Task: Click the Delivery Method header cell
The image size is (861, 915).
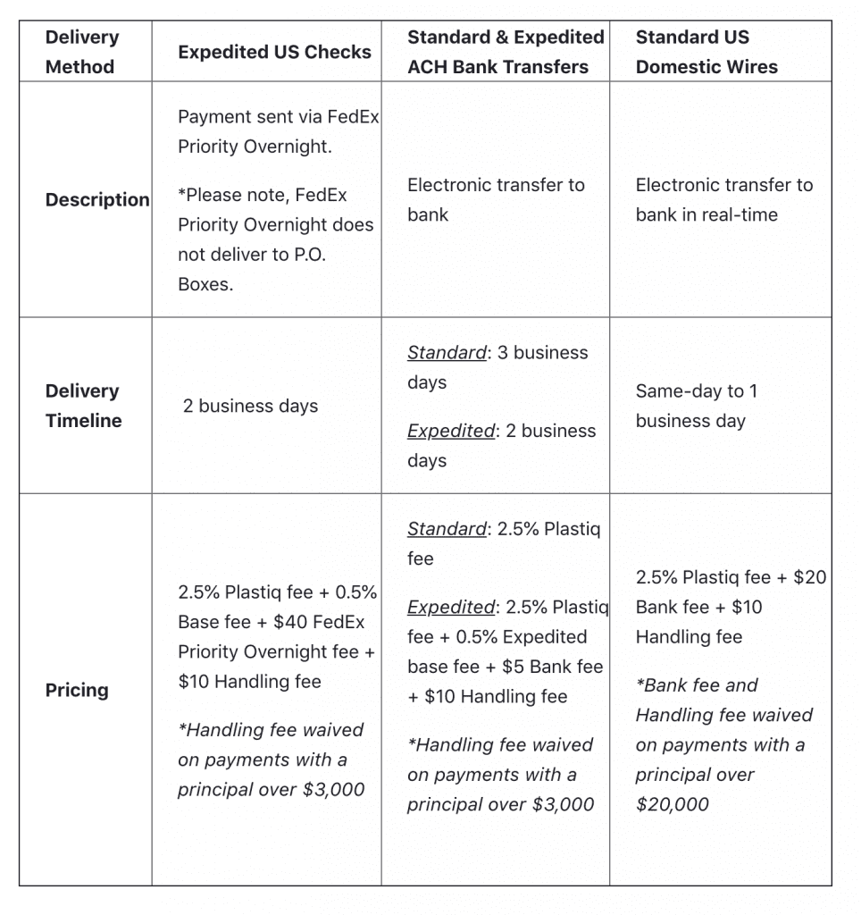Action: coord(81,52)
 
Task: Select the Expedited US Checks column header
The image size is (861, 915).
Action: coord(274,52)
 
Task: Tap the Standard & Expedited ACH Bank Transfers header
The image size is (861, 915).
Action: coord(506,52)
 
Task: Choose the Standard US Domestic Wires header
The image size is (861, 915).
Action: coord(706,52)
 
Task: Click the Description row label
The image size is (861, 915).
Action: coord(97,199)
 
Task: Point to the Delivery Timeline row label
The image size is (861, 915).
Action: coord(83,406)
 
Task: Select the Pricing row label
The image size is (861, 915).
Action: coord(77,690)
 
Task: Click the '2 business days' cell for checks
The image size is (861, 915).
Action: coord(250,406)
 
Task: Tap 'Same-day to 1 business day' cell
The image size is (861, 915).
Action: coord(696,406)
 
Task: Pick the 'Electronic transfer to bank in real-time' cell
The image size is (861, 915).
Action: coord(723,199)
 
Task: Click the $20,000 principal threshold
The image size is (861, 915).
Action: coord(672,804)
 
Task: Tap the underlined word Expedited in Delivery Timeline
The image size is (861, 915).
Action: coord(451,431)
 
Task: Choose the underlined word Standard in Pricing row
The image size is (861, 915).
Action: coord(447,529)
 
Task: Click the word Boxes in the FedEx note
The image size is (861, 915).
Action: coord(205,286)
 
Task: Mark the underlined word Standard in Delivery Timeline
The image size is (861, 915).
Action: coord(447,353)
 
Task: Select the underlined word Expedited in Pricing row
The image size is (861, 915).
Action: coord(451,608)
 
